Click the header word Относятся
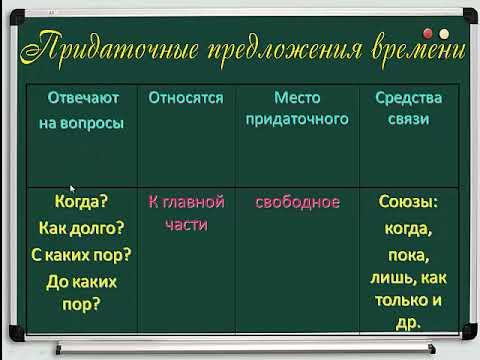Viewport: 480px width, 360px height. (185, 99)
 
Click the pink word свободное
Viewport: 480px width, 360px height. (297, 202)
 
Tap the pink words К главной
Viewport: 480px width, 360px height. (186, 202)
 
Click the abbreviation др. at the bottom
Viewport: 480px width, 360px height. (408, 322)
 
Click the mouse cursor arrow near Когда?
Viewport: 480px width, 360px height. (72, 187)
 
